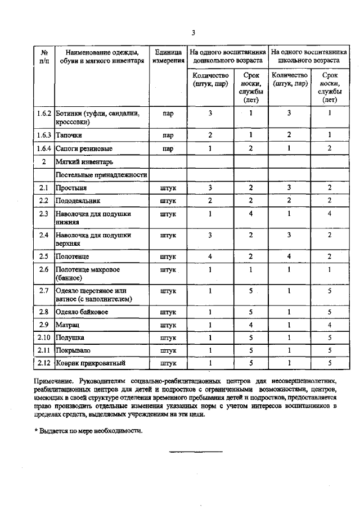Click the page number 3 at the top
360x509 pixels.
[x=192, y=32]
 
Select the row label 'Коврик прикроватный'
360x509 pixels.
[x=90, y=362]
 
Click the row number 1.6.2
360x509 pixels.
[x=43, y=113]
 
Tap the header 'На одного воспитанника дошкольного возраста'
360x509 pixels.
[x=227, y=56]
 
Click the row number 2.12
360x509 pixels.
[x=43, y=362]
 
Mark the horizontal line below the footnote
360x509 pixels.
[x=196, y=452]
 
